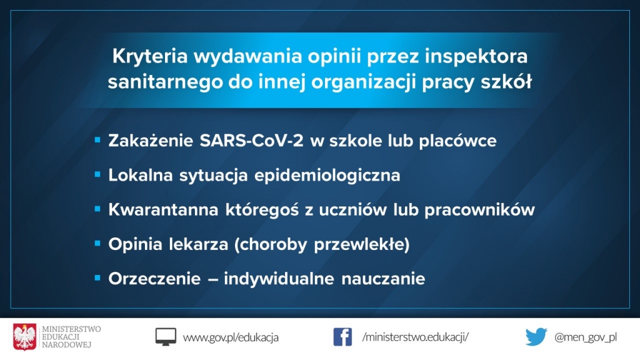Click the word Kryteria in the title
tap(150, 56)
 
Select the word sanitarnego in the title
tap(165, 82)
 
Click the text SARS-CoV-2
tap(251, 141)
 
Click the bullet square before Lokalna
tap(97, 175)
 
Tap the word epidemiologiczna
tap(327, 176)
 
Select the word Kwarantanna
tap(163, 210)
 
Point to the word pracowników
tap(479, 210)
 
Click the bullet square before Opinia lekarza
tap(97, 244)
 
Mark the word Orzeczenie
tap(154, 279)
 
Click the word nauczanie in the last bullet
tap(383, 279)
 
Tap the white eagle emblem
tap(24, 337)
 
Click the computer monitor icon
tap(166, 337)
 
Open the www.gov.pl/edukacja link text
tap(231, 337)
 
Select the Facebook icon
tap(342, 337)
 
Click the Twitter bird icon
tap(536, 337)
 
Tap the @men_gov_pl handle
tap(585, 337)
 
